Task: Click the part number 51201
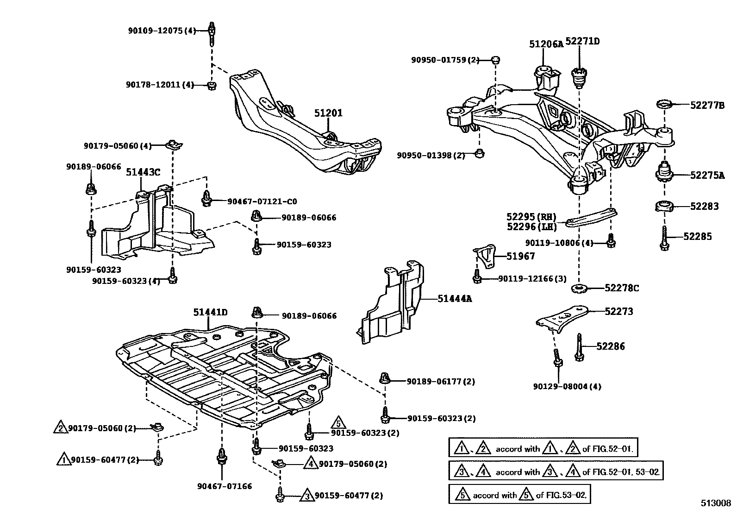(328, 113)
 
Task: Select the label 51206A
(546, 44)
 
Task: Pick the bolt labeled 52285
(665, 238)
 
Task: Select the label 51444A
(455, 299)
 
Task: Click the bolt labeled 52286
(579, 346)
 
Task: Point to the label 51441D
(210, 313)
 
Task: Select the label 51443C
(143, 172)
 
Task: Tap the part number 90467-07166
(225, 486)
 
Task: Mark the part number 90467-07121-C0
(262, 201)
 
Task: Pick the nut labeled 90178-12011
(212, 86)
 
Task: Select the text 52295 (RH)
(531, 217)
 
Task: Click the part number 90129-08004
(567, 386)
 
